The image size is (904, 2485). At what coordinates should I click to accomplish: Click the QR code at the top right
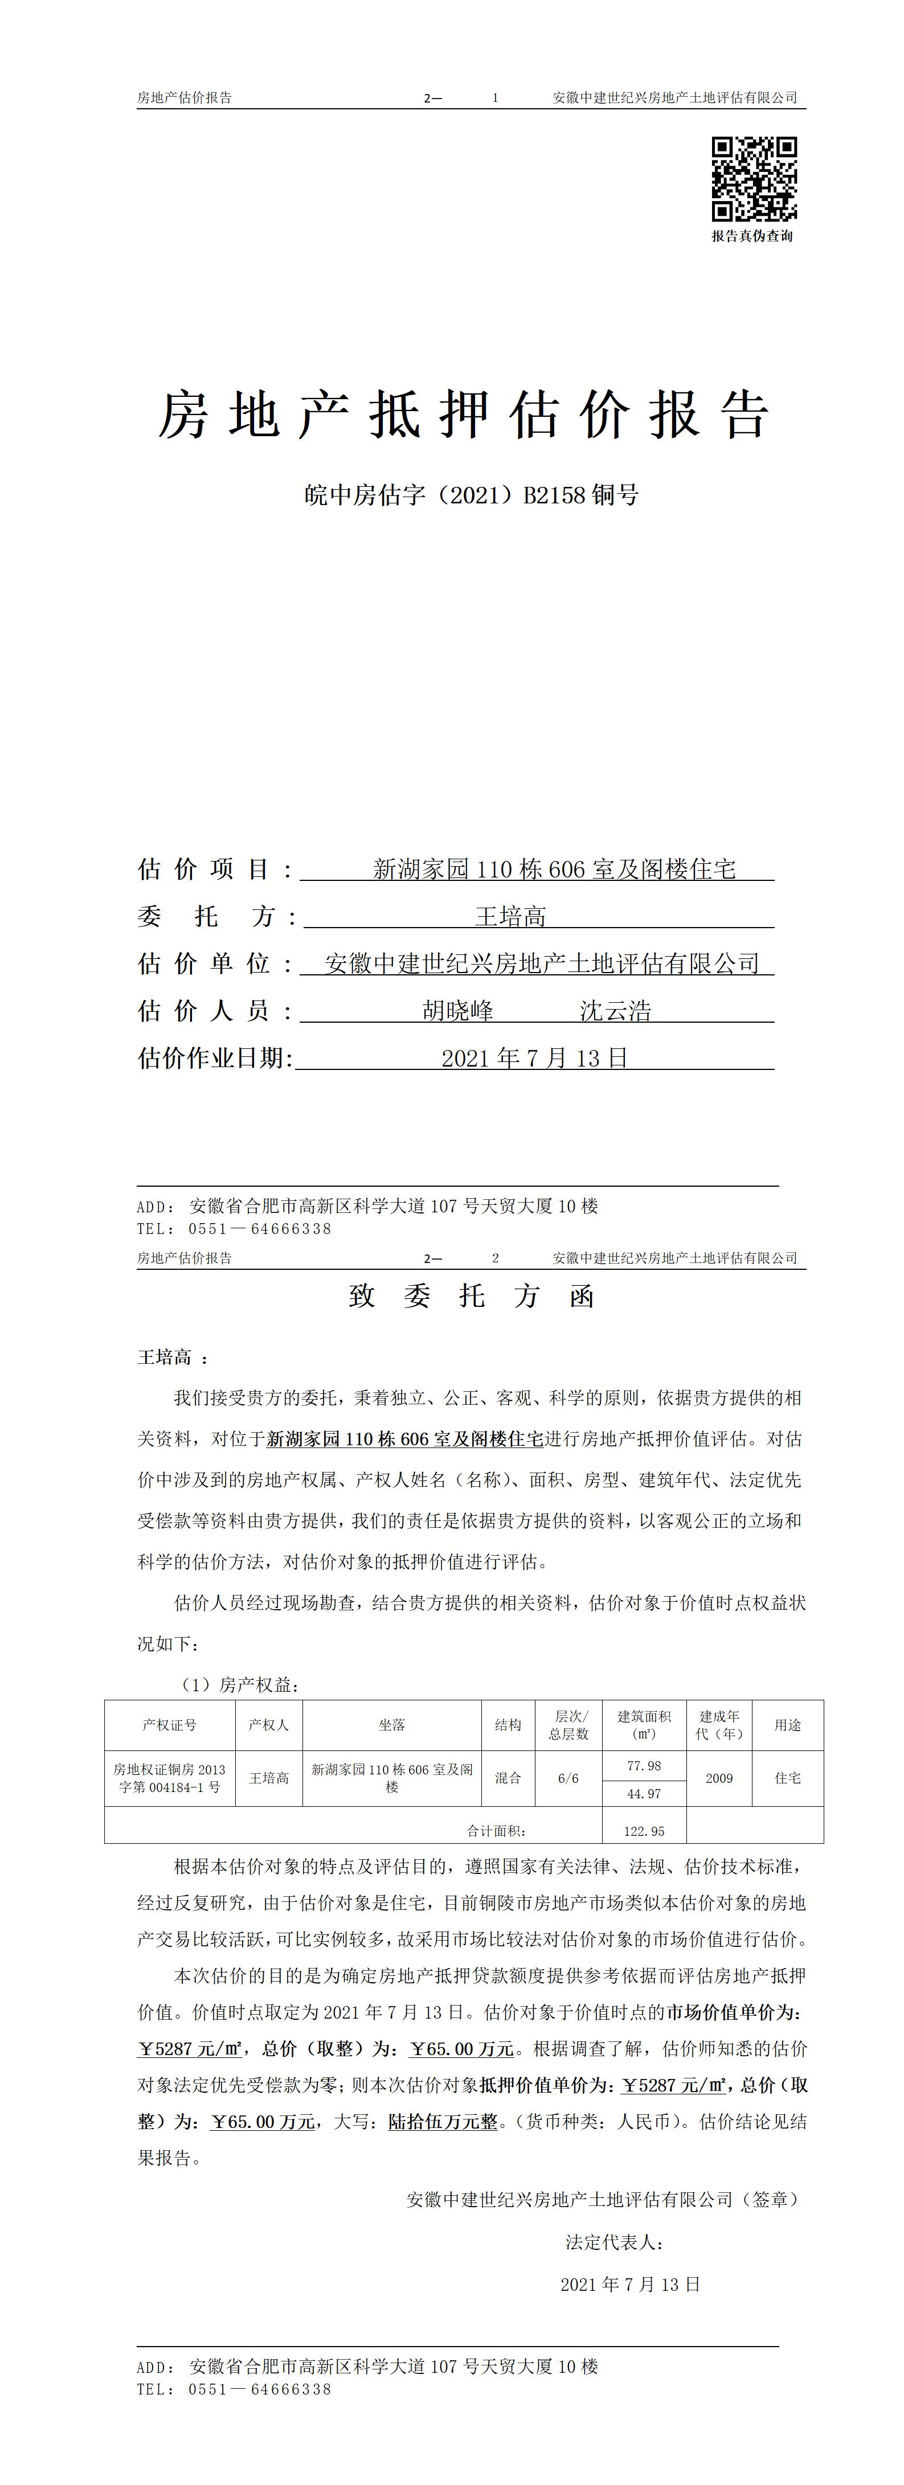click(754, 179)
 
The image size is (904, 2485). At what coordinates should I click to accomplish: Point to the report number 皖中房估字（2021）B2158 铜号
click(471, 496)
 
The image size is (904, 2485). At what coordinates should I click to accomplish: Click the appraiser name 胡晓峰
click(459, 1011)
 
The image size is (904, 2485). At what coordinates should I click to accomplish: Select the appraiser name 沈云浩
click(616, 1011)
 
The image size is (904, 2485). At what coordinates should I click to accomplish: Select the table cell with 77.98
click(644, 1765)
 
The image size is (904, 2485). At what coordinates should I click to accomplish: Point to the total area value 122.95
click(644, 1831)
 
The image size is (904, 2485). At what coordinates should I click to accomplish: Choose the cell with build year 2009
click(719, 1778)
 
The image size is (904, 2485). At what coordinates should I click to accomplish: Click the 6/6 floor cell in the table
click(568, 1778)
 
